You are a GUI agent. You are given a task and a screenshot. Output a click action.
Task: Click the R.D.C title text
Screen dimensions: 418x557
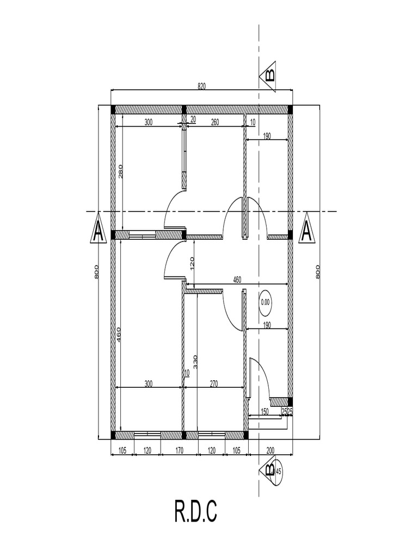196,511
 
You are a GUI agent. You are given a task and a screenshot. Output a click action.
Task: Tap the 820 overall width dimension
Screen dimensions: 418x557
201,86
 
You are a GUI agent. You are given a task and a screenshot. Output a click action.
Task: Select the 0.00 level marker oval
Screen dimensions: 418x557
265,302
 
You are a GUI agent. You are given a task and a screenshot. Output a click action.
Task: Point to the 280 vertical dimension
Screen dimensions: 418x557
120,171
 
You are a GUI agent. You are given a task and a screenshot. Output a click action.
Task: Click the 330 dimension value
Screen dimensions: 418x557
195,361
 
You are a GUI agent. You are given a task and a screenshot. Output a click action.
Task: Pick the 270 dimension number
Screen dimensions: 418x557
213,383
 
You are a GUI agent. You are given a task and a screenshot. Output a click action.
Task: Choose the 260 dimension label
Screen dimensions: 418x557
214,122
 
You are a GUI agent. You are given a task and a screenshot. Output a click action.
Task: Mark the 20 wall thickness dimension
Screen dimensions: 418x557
193,119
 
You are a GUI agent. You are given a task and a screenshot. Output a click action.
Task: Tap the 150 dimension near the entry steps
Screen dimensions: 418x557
265,411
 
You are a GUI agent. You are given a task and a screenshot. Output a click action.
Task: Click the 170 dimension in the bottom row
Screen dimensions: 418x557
179,450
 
